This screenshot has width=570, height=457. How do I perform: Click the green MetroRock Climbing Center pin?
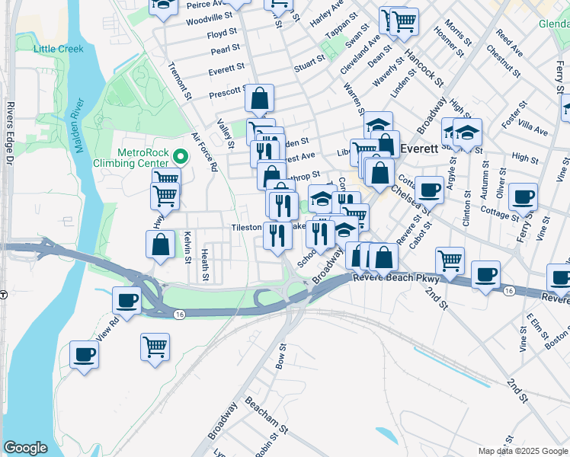[x=181, y=157]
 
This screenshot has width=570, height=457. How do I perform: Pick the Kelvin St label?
[x=187, y=248]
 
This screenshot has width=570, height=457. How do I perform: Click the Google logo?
[x=25, y=448]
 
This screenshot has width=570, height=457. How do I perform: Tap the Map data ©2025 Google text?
[x=523, y=451]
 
